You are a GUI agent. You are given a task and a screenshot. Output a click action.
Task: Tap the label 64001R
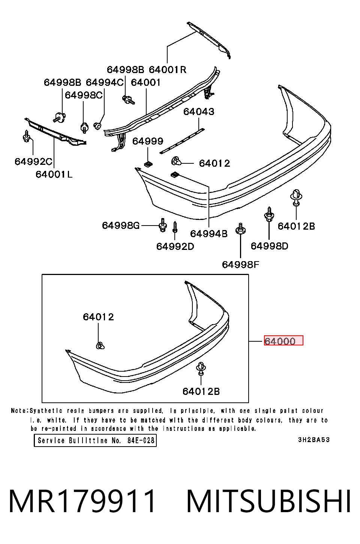pos(168,70)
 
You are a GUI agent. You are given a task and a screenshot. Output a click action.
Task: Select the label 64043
pos(199,112)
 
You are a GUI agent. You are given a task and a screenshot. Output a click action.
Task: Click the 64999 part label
pos(148,141)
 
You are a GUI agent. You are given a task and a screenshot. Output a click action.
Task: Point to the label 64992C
pos(33,161)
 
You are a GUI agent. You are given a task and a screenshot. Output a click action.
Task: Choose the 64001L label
pos(54,174)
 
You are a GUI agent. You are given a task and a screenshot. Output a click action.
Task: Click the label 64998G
pos(121,226)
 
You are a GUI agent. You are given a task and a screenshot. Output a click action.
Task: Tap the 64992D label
pos(175,247)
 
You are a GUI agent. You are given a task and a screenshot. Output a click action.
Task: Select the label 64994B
pos(209,234)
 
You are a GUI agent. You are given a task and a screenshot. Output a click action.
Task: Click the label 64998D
pos(270,246)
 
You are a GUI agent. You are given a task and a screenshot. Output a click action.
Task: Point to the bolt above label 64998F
pos(240,229)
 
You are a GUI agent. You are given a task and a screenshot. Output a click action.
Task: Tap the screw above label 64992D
pos(175,227)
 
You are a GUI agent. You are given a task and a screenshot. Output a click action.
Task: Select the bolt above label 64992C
pos(26,137)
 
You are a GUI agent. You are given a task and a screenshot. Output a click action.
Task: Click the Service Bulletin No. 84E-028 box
pos(95,440)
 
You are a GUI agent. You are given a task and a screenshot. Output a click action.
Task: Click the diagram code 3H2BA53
pos(314,440)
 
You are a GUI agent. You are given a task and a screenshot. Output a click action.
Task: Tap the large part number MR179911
pos(82,501)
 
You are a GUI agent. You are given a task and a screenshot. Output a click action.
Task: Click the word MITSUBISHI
pos(268,501)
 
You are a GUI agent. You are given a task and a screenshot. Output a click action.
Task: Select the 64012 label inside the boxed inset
pos(99,317)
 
